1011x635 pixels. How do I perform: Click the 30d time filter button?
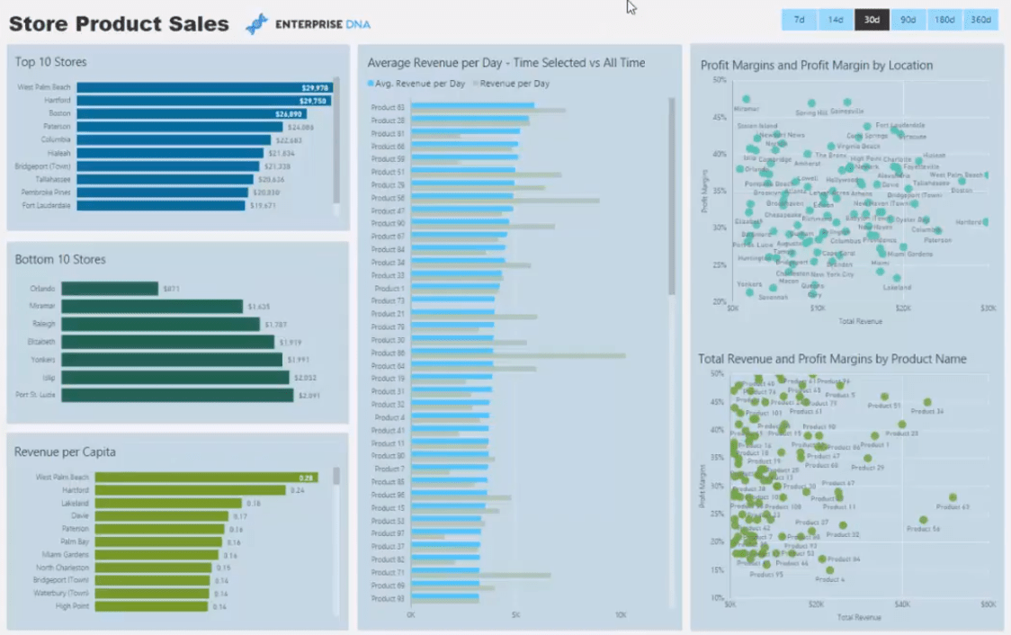872,20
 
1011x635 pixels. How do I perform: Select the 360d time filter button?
980,20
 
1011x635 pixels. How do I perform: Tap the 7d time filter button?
799,20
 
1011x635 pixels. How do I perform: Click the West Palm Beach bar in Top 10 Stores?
205,87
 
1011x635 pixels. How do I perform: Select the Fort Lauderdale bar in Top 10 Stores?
161,205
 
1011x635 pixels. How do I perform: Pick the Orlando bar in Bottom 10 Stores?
110,289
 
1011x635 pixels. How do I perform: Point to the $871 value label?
171,289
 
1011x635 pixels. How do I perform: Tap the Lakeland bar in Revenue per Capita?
168,504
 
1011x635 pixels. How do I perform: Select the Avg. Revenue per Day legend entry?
416,84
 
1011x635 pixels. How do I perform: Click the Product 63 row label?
388,108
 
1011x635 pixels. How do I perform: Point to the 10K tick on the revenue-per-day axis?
621,615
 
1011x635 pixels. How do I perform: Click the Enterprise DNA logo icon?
257,24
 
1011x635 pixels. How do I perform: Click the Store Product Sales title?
119,24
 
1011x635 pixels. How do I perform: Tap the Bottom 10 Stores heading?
60,259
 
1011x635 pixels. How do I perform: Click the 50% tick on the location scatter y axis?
720,80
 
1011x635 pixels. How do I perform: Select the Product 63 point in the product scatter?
953,497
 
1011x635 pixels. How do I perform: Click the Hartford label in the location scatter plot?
968,222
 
